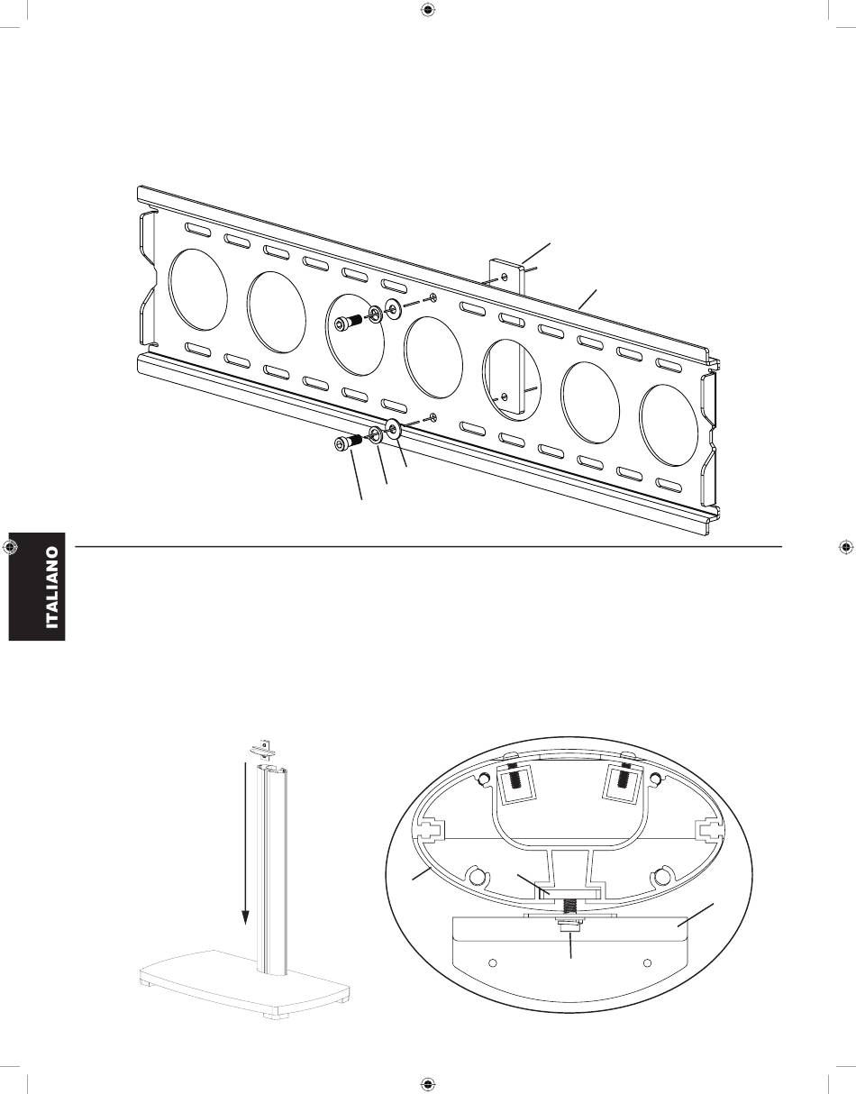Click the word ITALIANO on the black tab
pyautogui.click(x=54, y=588)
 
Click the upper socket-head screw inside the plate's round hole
pyautogui.click(x=347, y=324)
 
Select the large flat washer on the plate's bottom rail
pyautogui.click(x=393, y=427)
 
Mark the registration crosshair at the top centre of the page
pyautogui.click(x=428, y=12)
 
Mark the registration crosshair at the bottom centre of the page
pyautogui.click(x=428, y=1082)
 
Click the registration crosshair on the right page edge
pyautogui.click(x=845, y=547)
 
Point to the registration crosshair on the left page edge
pyautogui.click(x=11, y=547)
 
